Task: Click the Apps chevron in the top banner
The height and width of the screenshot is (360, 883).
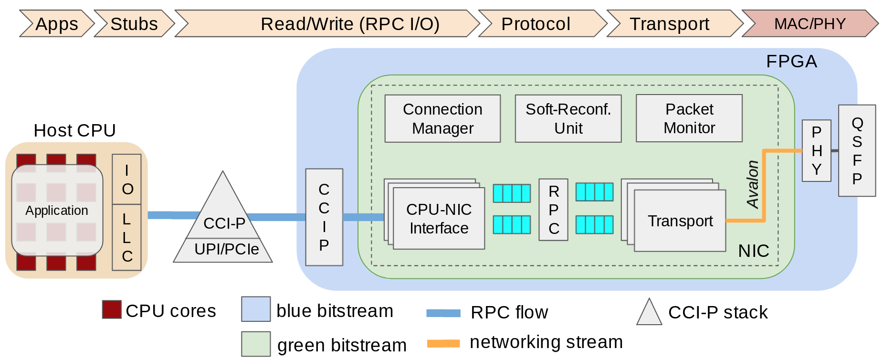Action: [x=57, y=24]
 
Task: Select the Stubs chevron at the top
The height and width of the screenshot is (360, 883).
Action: [x=134, y=24]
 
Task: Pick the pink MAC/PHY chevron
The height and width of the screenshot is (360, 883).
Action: [x=810, y=24]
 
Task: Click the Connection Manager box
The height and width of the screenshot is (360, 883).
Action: [x=442, y=118]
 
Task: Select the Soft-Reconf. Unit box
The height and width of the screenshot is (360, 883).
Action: [x=568, y=118]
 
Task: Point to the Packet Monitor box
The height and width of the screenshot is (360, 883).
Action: [x=689, y=118]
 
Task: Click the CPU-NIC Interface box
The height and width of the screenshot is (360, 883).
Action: [x=439, y=219]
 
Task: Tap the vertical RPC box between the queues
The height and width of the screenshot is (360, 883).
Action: [x=553, y=210]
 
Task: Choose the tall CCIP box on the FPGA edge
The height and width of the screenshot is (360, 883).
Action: [x=324, y=217]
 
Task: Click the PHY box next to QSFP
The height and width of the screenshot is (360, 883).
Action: [x=816, y=150]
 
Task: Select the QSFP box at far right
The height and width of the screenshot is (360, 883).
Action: [x=857, y=150]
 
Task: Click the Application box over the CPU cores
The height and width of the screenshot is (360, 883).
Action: [x=57, y=210]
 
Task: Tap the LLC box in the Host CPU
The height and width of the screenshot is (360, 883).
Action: [x=126, y=237]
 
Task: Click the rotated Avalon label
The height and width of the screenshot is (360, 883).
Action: [x=753, y=184]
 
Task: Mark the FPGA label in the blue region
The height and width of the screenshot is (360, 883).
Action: [x=791, y=62]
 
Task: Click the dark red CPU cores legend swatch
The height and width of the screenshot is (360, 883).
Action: [x=112, y=309]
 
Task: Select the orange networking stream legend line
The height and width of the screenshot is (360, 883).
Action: [x=443, y=343]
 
